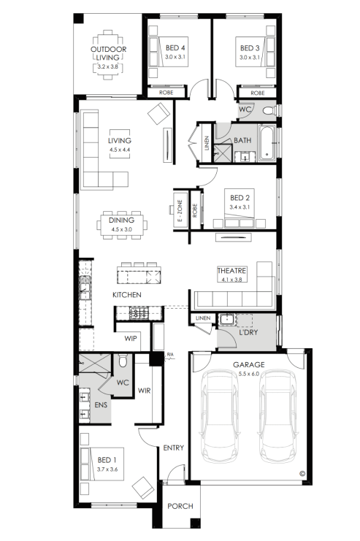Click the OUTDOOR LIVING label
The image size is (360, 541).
pos(108,53)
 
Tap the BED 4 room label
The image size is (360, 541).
pos(175,47)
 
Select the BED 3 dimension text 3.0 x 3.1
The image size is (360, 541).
pos(250,57)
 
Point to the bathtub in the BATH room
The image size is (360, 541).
pos(267,143)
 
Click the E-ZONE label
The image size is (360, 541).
pos(180,211)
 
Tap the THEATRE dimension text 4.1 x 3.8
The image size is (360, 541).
pos(231,280)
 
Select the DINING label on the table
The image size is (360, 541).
pos(121,220)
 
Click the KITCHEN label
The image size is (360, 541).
pos(126,295)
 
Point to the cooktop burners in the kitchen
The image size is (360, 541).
pos(139,313)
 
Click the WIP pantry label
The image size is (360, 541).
pos(131,338)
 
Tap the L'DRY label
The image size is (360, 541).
pos(248,332)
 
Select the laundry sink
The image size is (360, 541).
pos(226,319)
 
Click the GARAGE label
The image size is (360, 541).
pos(248,364)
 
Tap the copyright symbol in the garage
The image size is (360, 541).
pos(302,474)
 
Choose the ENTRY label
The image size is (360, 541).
pos(173,448)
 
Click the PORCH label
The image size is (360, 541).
pos(180,506)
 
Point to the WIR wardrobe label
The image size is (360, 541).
pos(144,391)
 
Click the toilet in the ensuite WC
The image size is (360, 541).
pos(123,361)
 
